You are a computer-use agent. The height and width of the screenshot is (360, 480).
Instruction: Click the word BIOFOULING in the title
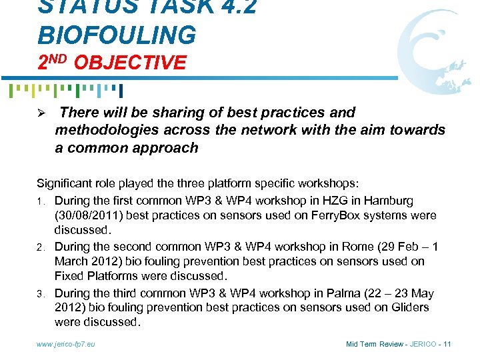117,34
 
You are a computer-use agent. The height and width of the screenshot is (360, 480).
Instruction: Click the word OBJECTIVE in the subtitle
130,63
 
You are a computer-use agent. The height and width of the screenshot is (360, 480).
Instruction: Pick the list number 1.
41,201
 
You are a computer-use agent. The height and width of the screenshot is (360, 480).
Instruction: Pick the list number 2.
41,246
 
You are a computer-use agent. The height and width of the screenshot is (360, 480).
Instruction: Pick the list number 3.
41,293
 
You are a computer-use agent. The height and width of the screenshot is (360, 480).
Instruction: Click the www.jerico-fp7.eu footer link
67,344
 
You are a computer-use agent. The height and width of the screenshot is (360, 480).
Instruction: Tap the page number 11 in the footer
447,344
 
